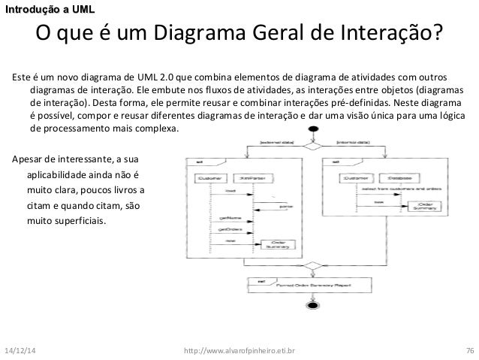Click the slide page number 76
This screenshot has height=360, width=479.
pyautogui.click(x=469, y=350)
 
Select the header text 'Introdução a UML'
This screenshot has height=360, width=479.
pyautogui.click(x=48, y=8)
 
